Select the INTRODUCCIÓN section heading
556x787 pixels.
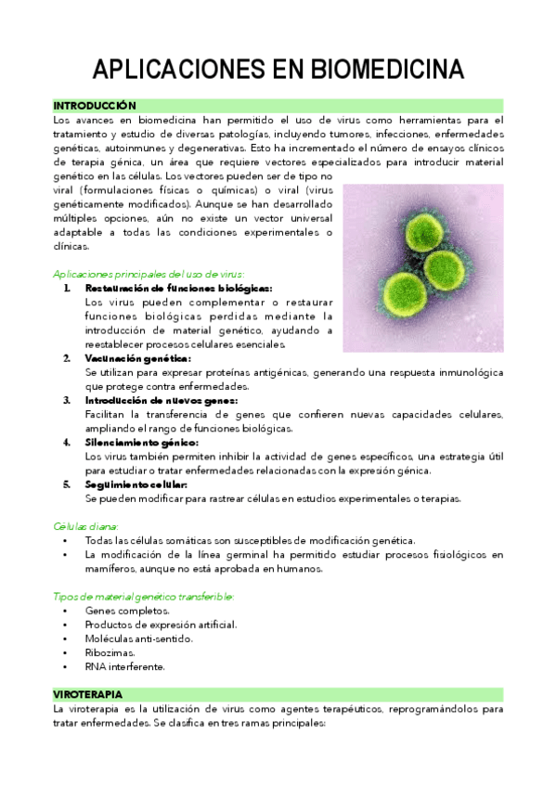tap(95, 106)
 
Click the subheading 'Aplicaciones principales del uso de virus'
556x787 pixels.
tap(149, 274)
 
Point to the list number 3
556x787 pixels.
tap(67, 400)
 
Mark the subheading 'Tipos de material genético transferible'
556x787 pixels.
tap(144, 596)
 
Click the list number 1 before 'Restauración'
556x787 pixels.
tap(67, 288)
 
